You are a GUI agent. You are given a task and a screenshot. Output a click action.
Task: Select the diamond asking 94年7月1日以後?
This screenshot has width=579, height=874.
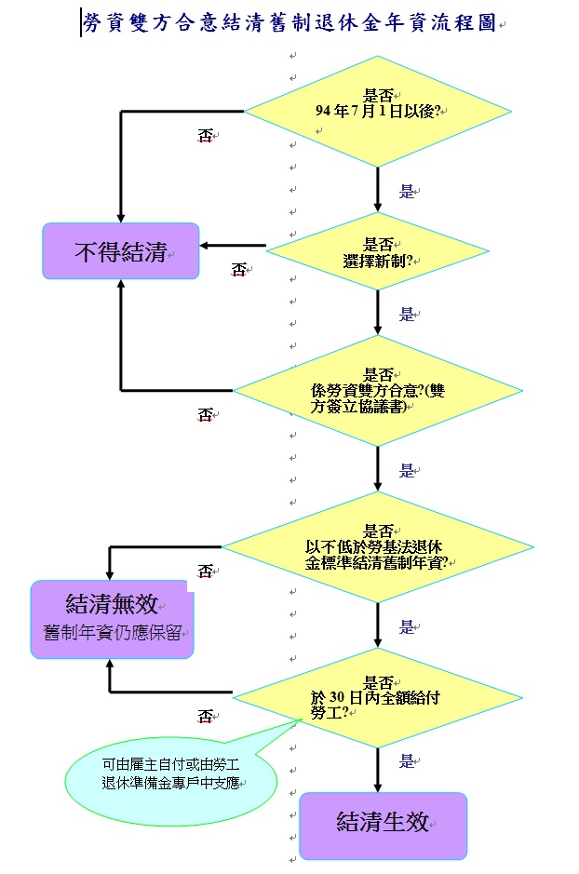(378, 111)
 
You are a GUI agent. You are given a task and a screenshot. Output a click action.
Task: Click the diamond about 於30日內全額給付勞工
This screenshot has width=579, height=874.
(378, 695)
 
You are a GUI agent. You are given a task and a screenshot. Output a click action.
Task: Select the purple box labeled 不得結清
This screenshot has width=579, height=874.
(121, 250)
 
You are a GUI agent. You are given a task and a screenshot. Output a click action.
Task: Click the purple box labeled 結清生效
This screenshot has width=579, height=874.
(383, 825)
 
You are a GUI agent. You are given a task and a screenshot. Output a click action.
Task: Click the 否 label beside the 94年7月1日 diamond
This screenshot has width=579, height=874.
(206, 136)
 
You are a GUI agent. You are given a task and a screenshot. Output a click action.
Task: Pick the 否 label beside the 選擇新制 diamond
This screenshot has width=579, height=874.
(239, 270)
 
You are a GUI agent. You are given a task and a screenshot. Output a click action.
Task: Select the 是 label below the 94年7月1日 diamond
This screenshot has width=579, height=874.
(407, 192)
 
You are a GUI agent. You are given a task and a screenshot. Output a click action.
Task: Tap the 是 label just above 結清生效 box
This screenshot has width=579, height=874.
(407, 761)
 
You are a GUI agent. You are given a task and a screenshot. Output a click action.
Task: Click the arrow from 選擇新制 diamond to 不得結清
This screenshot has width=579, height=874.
(233, 246)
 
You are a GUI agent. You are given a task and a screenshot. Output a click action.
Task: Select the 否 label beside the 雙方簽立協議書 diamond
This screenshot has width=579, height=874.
(206, 414)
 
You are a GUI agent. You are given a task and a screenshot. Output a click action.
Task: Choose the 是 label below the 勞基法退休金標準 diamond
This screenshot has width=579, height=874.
(407, 626)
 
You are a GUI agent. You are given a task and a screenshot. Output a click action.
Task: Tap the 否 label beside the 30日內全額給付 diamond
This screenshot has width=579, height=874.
(206, 716)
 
